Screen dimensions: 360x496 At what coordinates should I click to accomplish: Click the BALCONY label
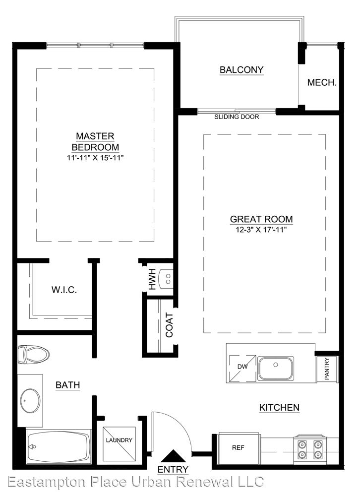click(x=241, y=69)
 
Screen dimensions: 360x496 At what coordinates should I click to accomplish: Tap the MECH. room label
click(x=322, y=82)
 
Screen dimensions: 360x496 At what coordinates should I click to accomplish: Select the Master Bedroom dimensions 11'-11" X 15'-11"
click(x=95, y=158)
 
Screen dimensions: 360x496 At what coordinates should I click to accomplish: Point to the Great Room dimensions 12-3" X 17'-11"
click(x=261, y=229)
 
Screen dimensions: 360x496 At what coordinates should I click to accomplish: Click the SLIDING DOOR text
click(x=237, y=117)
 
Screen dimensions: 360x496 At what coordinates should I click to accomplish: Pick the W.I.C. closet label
click(x=64, y=290)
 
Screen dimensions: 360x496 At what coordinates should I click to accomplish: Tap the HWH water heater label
click(x=152, y=279)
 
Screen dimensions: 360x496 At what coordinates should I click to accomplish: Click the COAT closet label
click(x=169, y=325)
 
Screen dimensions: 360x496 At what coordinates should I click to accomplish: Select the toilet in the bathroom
click(x=33, y=355)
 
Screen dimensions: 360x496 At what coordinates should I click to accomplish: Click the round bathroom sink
click(x=30, y=400)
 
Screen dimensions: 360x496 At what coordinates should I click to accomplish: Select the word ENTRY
click(x=173, y=469)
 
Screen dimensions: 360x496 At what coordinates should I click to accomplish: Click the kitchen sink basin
click(x=276, y=368)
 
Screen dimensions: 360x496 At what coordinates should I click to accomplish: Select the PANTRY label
click(x=327, y=369)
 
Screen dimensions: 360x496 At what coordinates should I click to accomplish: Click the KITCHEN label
click(x=279, y=407)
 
